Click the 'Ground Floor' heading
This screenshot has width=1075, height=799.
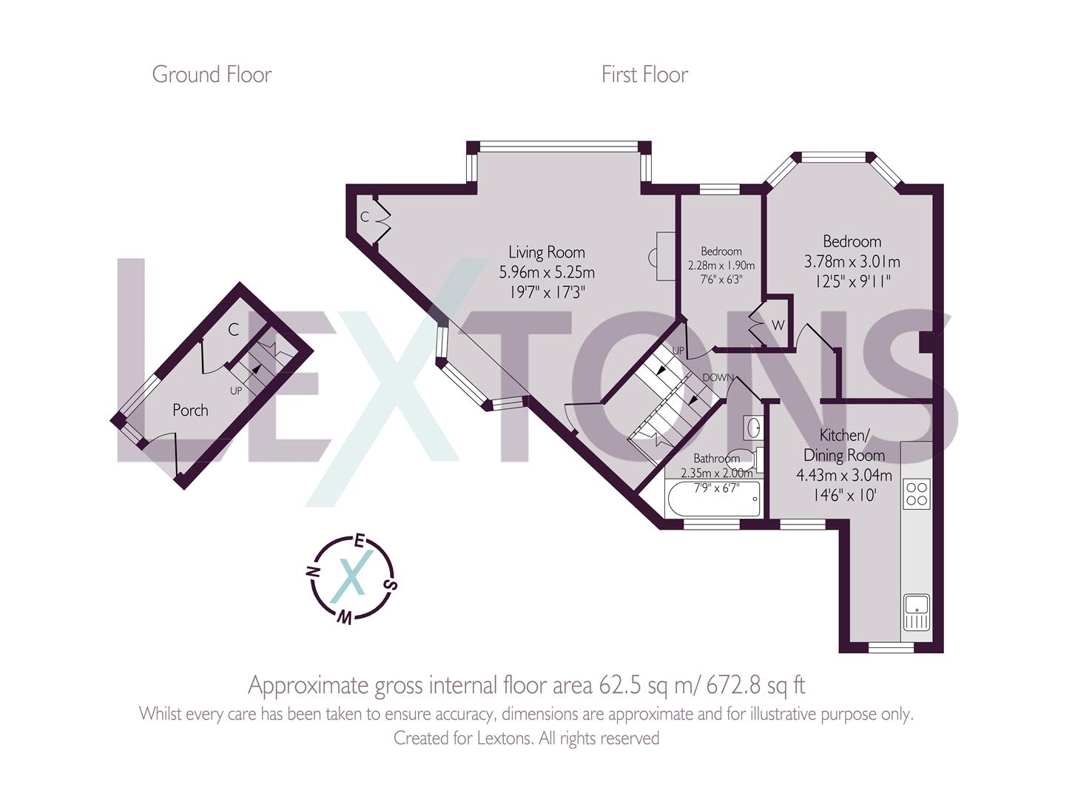[x=212, y=75]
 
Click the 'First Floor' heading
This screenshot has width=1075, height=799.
[x=644, y=75]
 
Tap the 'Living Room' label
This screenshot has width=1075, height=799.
[x=547, y=252]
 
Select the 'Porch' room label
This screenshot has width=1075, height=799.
[x=190, y=410]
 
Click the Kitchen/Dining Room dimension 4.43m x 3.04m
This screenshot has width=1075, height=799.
[x=843, y=475]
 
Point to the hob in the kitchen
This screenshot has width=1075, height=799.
[x=917, y=493]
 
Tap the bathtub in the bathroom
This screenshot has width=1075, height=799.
[x=713, y=501]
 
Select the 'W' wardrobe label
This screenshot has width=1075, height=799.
[x=778, y=326]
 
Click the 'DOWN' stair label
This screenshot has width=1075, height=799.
[x=718, y=377]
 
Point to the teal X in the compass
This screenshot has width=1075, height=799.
[x=350, y=577]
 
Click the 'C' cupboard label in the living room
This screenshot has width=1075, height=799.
[x=364, y=217]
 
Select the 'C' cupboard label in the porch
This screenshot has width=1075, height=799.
[x=233, y=330]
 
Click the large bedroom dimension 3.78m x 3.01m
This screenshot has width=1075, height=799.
[x=852, y=262]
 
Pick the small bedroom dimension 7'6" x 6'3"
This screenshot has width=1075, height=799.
[x=721, y=279]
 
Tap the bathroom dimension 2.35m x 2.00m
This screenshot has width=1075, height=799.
[x=716, y=473]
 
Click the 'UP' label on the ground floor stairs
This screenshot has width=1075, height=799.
[x=236, y=390]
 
